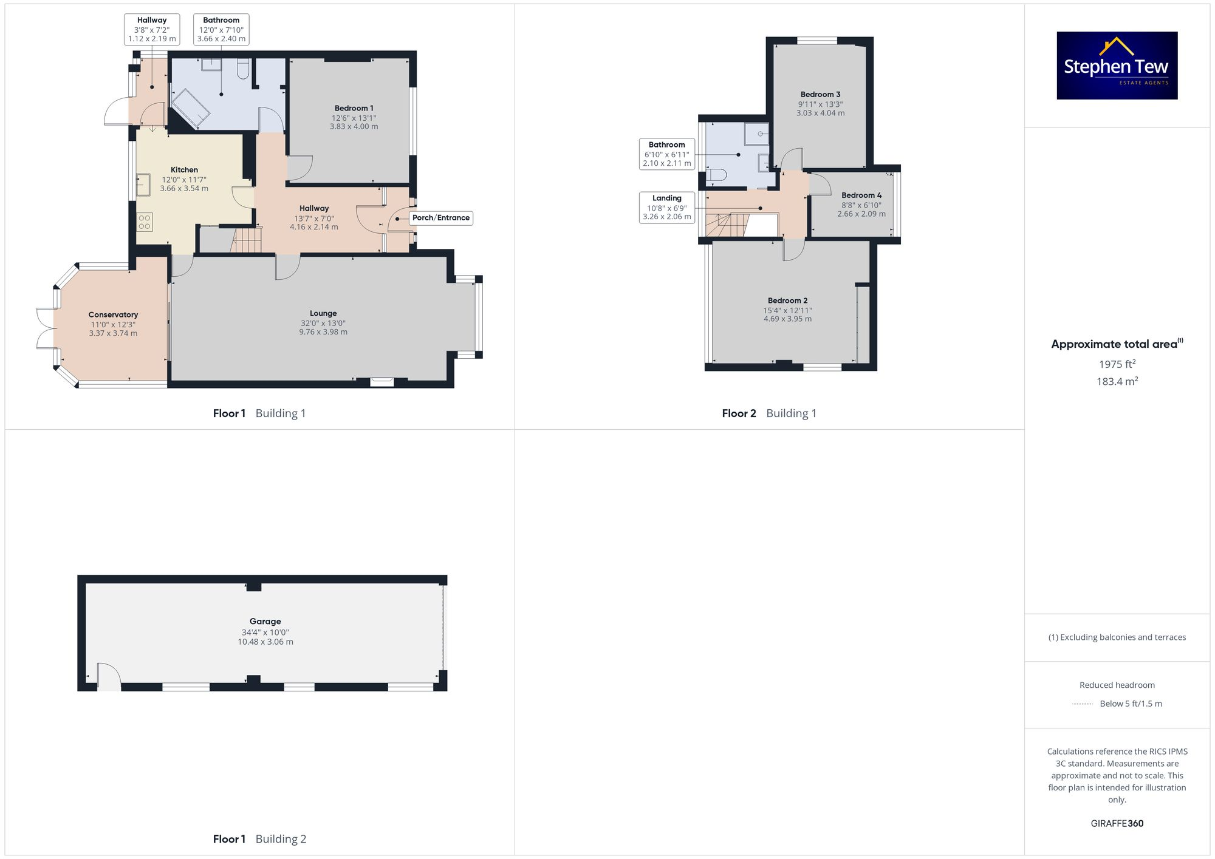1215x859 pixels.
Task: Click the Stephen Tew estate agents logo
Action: [x=1117, y=66]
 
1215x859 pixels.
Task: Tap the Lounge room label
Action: [x=323, y=314]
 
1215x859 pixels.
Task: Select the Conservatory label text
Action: [x=113, y=314]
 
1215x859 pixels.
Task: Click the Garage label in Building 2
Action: [x=265, y=622]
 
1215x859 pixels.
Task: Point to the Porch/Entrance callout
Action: [x=440, y=218]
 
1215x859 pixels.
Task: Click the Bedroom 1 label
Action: [x=354, y=109]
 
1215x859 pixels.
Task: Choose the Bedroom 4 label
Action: [x=861, y=195]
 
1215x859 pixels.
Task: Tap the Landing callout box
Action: [x=666, y=207]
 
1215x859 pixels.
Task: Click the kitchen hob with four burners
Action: [x=145, y=222]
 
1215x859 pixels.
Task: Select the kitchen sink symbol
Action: [x=143, y=185]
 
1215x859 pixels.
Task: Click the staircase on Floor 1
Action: [x=247, y=240]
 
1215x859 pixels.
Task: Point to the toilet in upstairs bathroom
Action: [x=717, y=175]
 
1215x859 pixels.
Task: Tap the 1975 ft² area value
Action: [x=1117, y=364]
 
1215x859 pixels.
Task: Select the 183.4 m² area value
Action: [x=1117, y=381]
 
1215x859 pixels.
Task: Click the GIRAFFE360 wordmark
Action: [x=1117, y=824]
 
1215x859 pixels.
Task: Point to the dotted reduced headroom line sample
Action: [x=1083, y=704]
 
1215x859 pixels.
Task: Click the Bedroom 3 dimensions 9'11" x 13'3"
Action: [x=820, y=104]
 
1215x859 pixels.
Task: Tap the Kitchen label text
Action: [x=184, y=170]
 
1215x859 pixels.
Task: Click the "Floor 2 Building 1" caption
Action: [x=769, y=413]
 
